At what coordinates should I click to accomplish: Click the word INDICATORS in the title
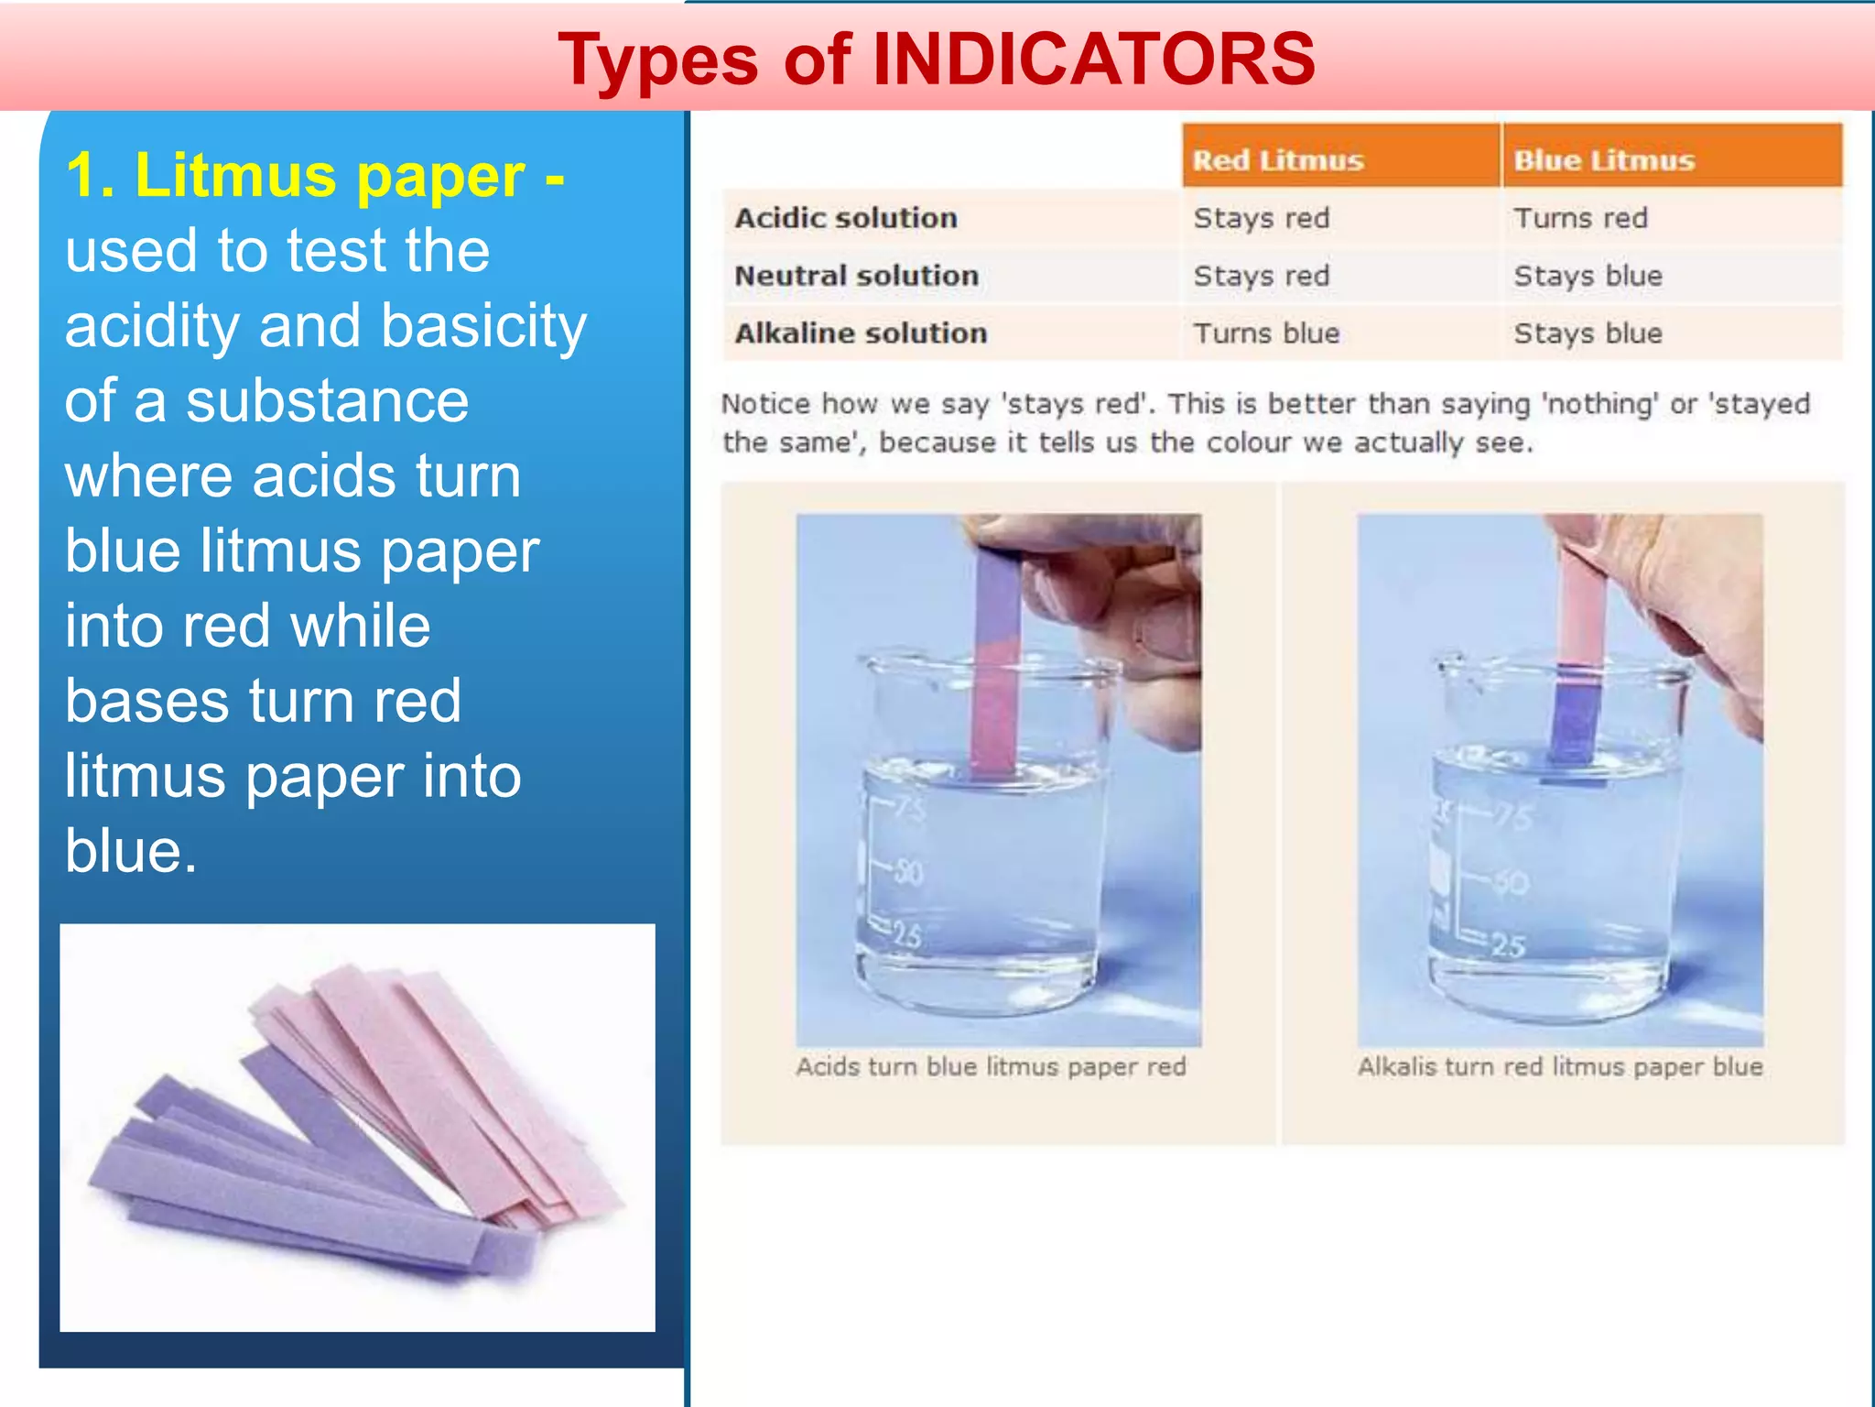click(x=1094, y=60)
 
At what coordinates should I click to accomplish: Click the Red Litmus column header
click(x=1278, y=160)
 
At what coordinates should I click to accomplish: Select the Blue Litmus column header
click(x=1604, y=160)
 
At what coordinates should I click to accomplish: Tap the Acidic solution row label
click(x=846, y=218)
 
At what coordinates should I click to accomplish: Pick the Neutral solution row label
click(x=856, y=276)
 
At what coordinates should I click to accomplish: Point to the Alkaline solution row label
click(x=861, y=333)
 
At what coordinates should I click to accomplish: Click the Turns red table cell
click(x=1580, y=218)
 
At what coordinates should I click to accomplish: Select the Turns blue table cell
click(x=1266, y=333)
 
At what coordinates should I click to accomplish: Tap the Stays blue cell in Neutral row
click(x=1588, y=276)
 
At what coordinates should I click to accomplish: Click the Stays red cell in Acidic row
click(x=1261, y=218)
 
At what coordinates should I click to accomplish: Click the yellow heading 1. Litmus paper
click(x=315, y=175)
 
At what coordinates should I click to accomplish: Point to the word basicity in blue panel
click(x=483, y=326)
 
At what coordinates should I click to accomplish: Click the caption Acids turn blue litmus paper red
click(x=991, y=1067)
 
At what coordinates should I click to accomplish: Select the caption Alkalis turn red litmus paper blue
click(x=1560, y=1067)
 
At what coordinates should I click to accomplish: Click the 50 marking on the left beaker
click(x=907, y=871)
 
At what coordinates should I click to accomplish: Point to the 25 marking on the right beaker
click(x=1508, y=944)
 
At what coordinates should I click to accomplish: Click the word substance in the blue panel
click(x=327, y=401)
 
